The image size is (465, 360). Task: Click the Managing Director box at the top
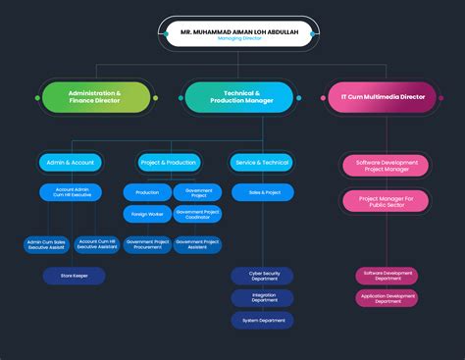(x=239, y=33)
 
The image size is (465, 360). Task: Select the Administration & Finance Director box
(x=95, y=96)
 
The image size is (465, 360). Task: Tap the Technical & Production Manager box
(x=239, y=96)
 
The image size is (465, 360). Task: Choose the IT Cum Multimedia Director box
(x=383, y=96)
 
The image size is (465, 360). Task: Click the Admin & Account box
(x=71, y=162)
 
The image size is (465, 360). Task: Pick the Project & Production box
(x=168, y=162)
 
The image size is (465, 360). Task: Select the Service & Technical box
(x=262, y=162)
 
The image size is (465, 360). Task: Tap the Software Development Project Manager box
(x=386, y=165)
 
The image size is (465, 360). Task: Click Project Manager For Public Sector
(x=386, y=201)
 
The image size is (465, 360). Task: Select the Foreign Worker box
(x=147, y=214)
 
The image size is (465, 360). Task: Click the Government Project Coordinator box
(x=198, y=214)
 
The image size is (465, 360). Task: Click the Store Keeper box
(x=74, y=276)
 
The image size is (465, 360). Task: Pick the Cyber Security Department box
(x=262, y=276)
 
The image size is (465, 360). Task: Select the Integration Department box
(x=262, y=298)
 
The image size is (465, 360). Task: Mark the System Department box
(x=262, y=320)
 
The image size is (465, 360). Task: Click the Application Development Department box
(x=387, y=298)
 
